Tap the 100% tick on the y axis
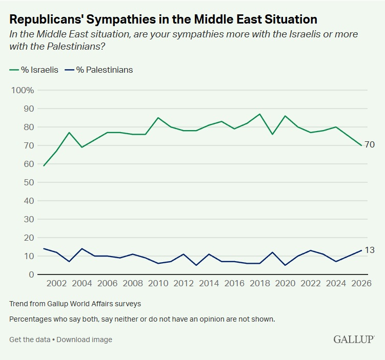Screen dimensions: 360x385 23,90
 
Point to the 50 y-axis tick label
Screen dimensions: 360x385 29,182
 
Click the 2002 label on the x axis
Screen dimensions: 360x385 56,283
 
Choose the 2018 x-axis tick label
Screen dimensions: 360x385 259,283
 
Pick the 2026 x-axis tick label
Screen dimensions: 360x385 361,283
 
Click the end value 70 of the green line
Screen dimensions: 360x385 370,145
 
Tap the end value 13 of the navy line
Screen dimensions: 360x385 370,250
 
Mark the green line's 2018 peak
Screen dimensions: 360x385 259,114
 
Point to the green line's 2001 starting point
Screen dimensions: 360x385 44,165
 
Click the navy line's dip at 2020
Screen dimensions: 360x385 285,265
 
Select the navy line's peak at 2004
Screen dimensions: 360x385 82,248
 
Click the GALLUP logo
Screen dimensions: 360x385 354,339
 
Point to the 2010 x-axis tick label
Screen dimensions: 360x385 158,283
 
